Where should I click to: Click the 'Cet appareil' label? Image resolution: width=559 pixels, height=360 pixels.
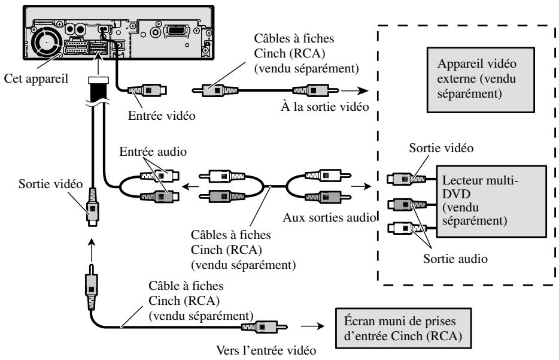(x=36, y=78)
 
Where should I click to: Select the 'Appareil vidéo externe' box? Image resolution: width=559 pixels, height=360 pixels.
(x=481, y=80)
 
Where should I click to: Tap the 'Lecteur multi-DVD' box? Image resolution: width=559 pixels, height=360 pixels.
(x=491, y=201)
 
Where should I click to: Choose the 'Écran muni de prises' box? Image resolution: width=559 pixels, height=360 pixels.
(x=403, y=328)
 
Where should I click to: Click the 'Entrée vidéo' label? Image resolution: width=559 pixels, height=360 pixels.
(x=162, y=116)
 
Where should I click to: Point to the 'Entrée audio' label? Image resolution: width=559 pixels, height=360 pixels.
(x=153, y=152)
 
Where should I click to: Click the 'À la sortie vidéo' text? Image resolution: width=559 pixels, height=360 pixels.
(x=325, y=107)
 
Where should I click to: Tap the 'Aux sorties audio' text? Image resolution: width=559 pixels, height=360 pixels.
(x=330, y=217)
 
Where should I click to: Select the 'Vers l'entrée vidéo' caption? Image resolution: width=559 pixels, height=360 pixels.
(x=266, y=350)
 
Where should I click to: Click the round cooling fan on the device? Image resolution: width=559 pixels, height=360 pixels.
(x=47, y=42)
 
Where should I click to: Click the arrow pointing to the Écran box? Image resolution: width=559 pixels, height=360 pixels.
(x=312, y=326)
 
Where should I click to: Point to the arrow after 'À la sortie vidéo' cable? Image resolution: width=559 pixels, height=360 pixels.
(x=355, y=90)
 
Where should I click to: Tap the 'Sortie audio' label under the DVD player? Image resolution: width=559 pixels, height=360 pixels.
(x=455, y=259)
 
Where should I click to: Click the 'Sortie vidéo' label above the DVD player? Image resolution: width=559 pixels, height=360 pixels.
(x=441, y=148)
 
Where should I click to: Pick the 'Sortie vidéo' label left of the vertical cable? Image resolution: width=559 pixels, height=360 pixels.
(x=50, y=184)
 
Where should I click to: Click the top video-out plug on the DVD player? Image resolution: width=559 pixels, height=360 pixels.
(x=406, y=179)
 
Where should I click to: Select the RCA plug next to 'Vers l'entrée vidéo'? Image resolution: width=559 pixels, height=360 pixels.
(x=264, y=326)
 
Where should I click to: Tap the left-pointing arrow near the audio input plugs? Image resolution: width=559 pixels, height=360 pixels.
(x=191, y=186)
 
